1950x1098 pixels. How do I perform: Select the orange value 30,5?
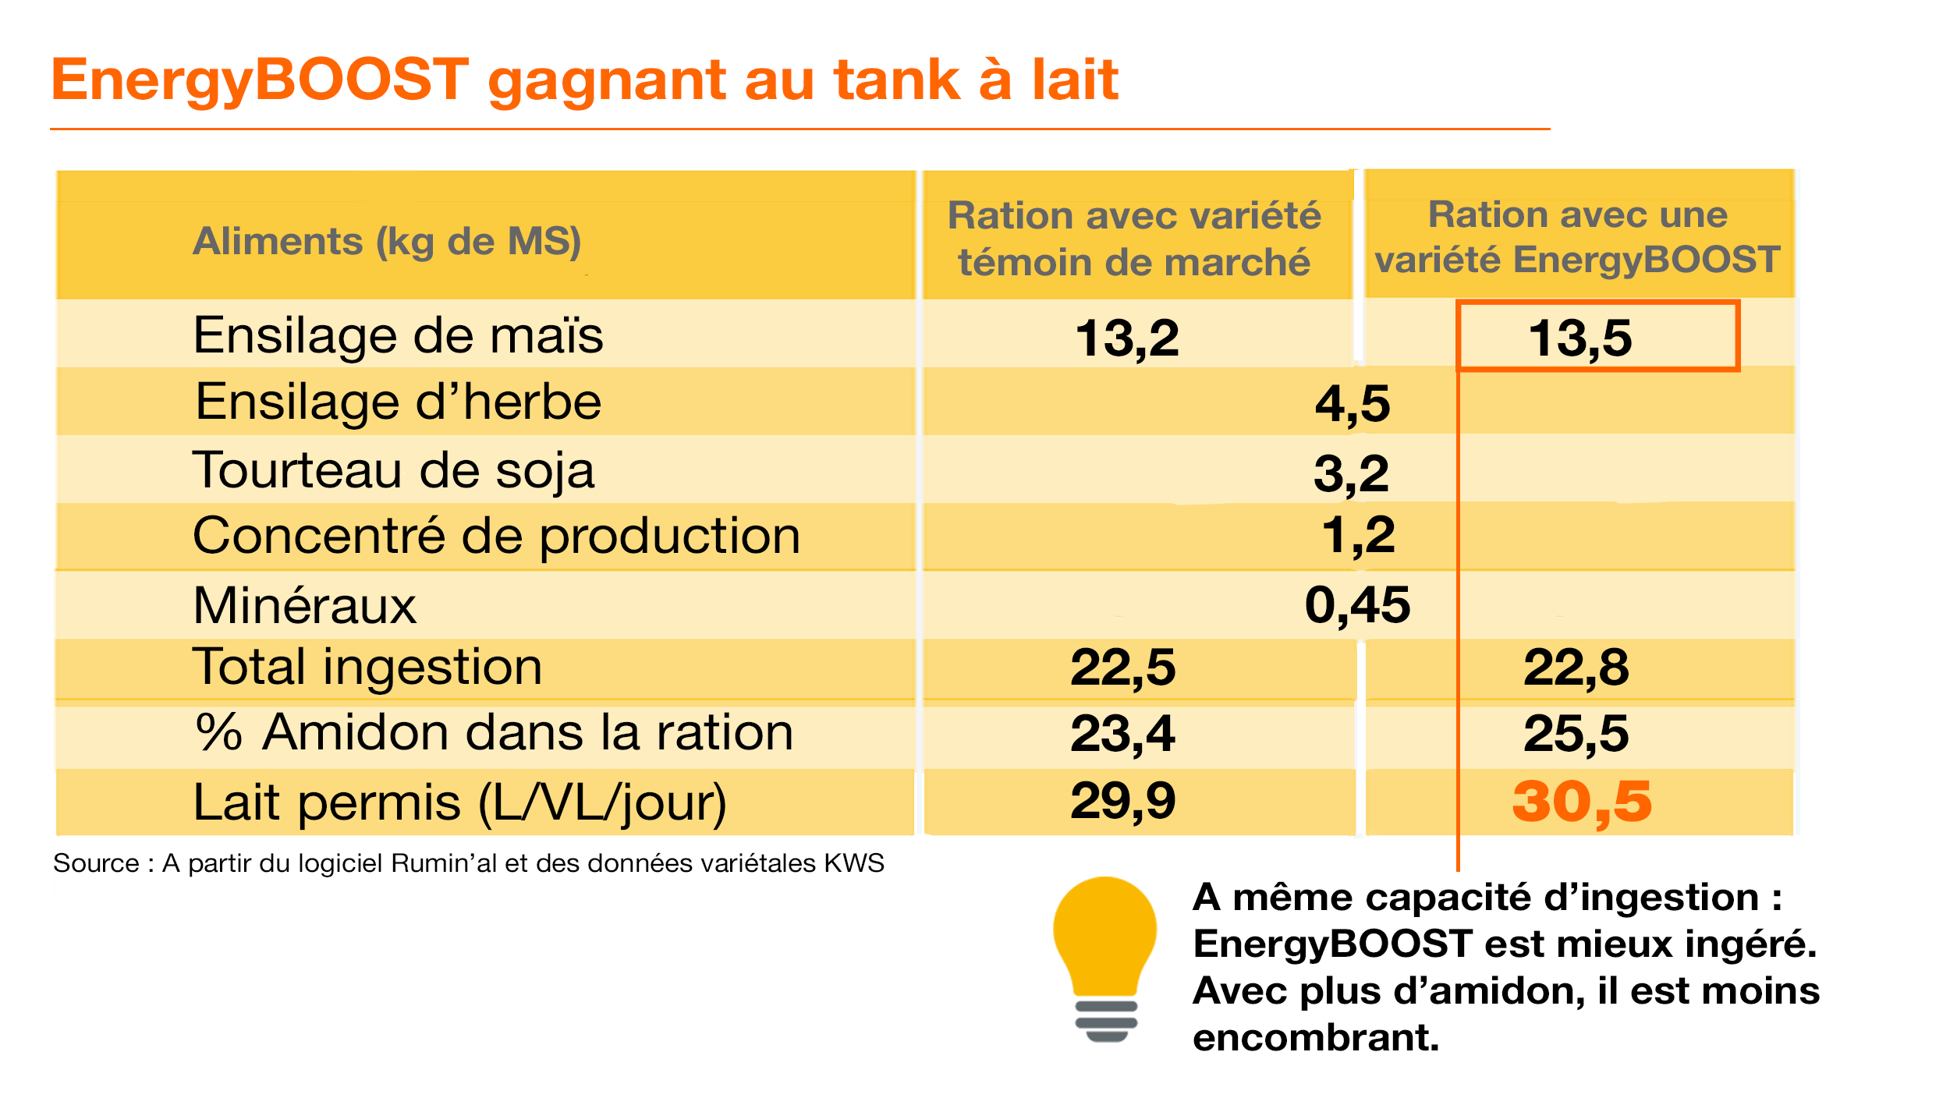coord(1581,802)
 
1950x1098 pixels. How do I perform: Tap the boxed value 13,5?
coord(1579,338)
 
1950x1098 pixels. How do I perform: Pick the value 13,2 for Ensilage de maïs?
coord(1127,338)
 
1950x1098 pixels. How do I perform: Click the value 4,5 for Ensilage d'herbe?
coord(1353,403)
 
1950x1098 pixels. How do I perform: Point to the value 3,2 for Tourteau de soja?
coord(1351,473)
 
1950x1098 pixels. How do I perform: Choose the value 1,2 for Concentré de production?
coord(1358,535)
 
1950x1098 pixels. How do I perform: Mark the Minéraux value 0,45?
coord(1357,604)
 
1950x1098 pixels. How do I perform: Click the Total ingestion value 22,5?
coord(1122,668)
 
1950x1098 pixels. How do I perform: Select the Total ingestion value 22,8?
coord(1576,668)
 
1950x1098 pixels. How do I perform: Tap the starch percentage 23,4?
coord(1122,734)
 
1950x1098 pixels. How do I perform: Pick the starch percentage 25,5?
coord(1576,734)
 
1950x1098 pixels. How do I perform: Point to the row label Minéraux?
coord(304,605)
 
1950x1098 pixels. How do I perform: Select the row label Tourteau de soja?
coord(393,470)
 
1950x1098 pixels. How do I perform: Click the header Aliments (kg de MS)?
coord(387,240)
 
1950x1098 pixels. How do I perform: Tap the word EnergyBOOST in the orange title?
coord(261,80)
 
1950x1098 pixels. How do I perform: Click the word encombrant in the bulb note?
coord(1315,1037)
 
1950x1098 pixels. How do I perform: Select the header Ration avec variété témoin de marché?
coord(1134,238)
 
